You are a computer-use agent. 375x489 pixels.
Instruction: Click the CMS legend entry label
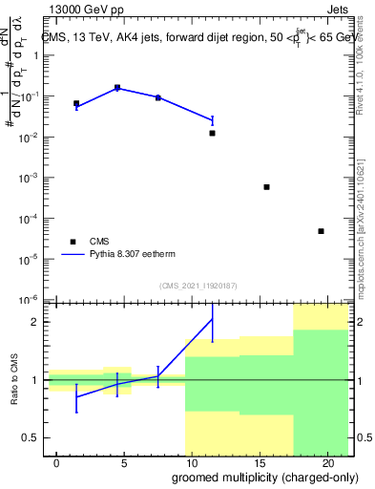pyautogui.click(x=100, y=242)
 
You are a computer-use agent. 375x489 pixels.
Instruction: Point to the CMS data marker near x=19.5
pyautogui.click(x=322, y=231)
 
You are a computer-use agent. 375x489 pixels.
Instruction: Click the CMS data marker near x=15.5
pyautogui.click(x=267, y=187)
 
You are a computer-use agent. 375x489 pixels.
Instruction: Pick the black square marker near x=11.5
pyautogui.click(x=212, y=133)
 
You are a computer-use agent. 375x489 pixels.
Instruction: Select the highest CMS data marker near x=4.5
pyautogui.click(x=117, y=88)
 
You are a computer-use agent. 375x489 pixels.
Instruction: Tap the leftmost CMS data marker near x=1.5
pyautogui.click(x=76, y=103)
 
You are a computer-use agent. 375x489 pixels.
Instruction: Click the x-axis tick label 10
pyautogui.click(x=192, y=462)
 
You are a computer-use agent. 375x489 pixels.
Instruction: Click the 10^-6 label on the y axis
pyautogui.click(x=31, y=299)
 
